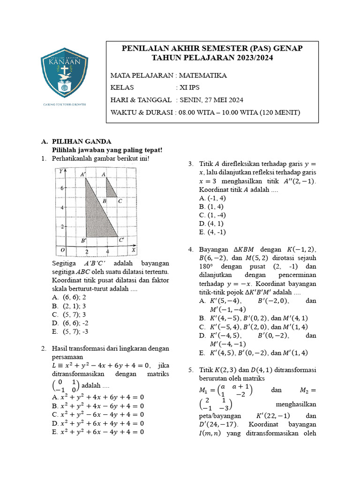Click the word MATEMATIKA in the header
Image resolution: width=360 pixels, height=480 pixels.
pos(202,75)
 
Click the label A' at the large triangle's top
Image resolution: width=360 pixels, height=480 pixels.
pos(83,174)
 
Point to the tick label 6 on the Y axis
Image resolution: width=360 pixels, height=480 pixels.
pos(61,188)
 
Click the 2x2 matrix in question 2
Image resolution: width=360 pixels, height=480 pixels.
pos(66,386)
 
